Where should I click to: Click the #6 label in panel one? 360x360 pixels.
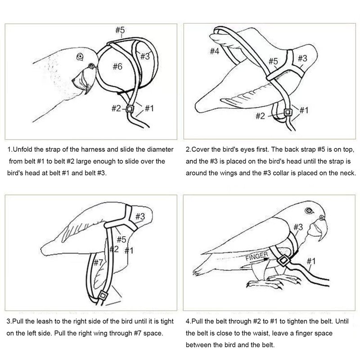(x=117, y=67)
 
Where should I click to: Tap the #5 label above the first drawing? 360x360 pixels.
(x=120, y=30)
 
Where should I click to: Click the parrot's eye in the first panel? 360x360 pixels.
(x=80, y=56)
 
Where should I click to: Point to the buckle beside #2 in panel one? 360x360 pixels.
(x=130, y=108)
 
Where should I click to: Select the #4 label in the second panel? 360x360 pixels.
(x=215, y=51)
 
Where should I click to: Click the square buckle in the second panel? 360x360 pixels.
(x=288, y=112)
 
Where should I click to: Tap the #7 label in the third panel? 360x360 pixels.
(x=98, y=262)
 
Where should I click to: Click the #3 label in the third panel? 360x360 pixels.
(x=140, y=216)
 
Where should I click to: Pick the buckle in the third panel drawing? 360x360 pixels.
(x=103, y=296)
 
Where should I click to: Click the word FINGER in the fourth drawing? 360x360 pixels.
(x=256, y=256)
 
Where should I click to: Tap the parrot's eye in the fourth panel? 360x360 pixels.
(x=309, y=211)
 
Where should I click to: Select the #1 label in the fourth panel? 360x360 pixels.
(x=311, y=261)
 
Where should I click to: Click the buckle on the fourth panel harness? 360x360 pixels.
(x=283, y=261)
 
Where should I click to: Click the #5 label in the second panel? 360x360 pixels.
(x=273, y=61)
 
